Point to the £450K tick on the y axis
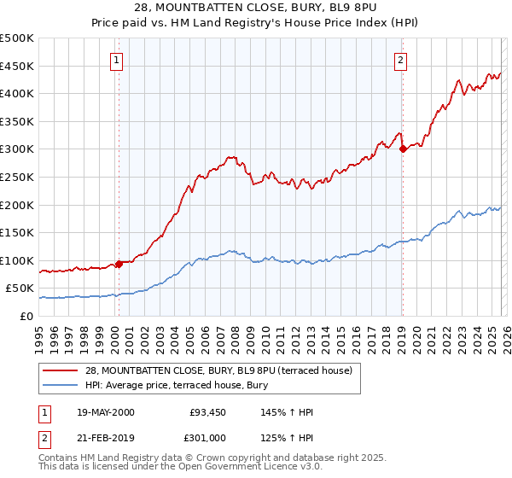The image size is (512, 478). coord(18,66)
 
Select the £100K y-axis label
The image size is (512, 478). coord(18,260)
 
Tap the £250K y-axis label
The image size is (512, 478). coord(18,177)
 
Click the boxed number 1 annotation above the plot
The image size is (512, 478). coord(116,60)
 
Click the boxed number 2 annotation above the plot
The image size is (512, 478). coord(400,60)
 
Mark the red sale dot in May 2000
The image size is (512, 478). coord(119,264)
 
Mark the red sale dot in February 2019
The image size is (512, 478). coord(403,149)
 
